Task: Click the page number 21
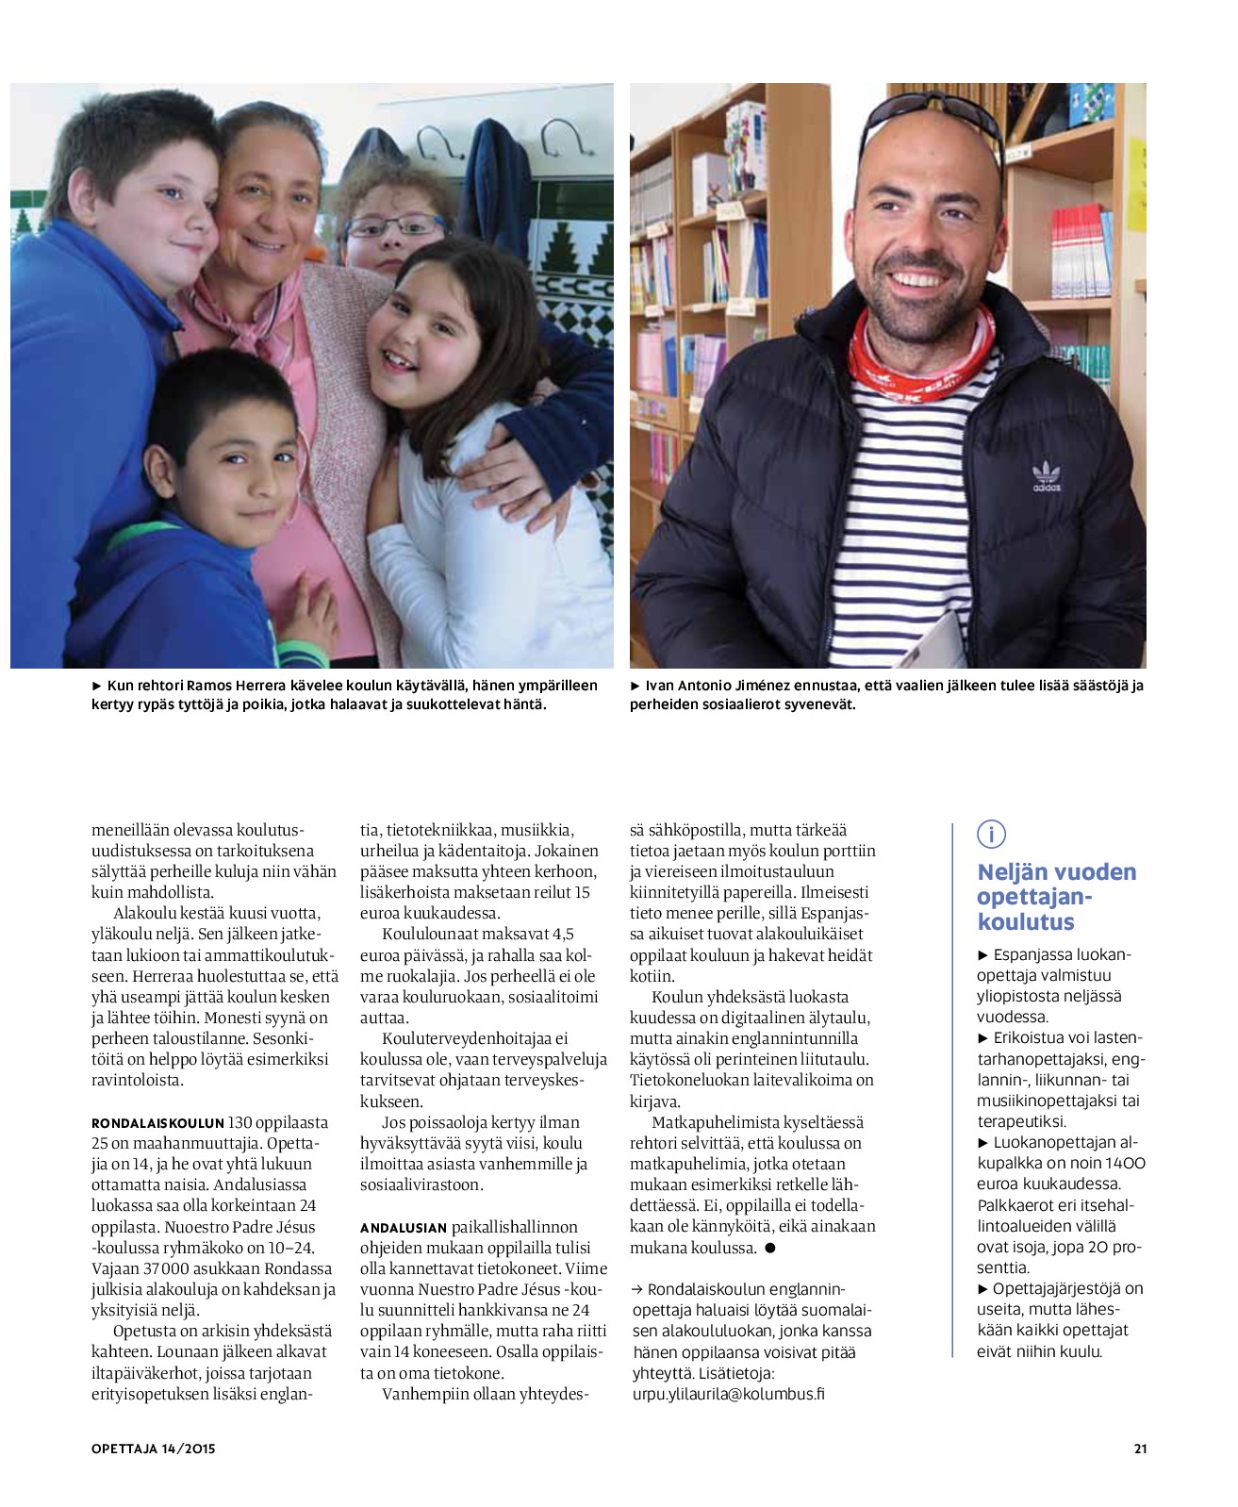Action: (1140, 1449)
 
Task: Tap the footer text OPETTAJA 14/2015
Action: (153, 1449)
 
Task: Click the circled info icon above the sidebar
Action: (991, 834)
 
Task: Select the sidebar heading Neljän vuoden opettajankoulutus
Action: (1056, 897)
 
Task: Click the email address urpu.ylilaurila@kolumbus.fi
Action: (728, 1394)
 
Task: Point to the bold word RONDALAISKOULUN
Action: (157, 1123)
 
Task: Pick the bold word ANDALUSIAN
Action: (403, 1228)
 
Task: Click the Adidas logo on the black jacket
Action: (1047, 477)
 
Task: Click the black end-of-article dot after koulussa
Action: (769, 1248)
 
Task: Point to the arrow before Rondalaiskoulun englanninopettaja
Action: (636, 1289)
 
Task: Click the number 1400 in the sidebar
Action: (1125, 1164)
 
